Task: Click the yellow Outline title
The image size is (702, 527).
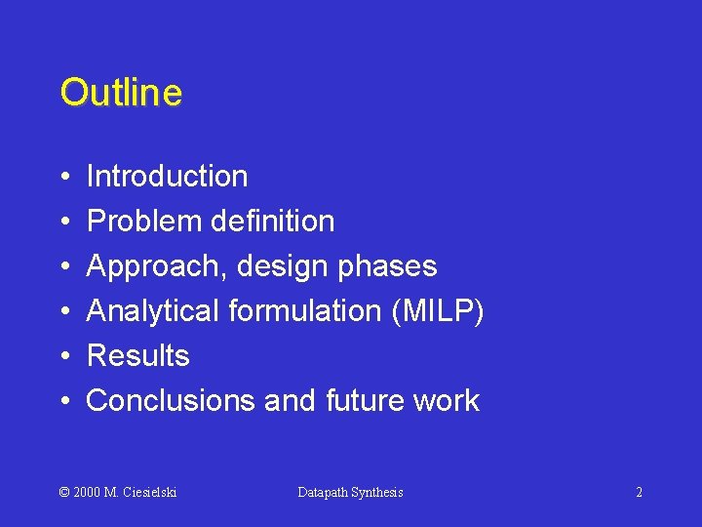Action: coord(121,93)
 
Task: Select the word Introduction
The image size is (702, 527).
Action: coord(167,177)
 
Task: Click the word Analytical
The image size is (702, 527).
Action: coord(153,311)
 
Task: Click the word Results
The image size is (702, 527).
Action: coord(137,356)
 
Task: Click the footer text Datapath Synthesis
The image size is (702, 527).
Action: coord(350,492)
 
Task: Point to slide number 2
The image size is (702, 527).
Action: coord(639,492)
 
